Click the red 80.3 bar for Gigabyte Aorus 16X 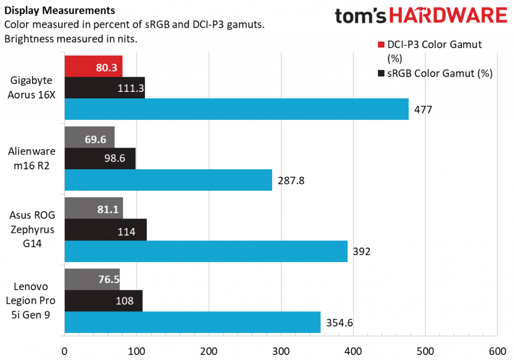(93, 66)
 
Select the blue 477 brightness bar (236, 109)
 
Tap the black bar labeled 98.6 (100, 158)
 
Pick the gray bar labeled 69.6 (89, 137)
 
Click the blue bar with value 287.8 (168, 180)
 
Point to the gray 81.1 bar (93, 208)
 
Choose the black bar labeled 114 (105, 229)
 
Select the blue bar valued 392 (206, 251)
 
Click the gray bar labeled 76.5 (92, 279)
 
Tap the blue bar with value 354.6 (192, 322)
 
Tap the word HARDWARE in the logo (448, 17)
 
